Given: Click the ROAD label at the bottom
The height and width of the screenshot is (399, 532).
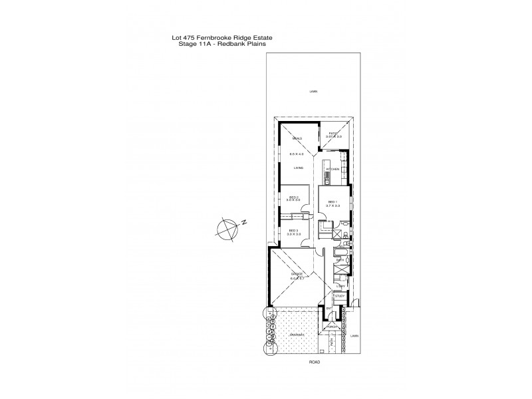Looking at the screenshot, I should tap(315, 361).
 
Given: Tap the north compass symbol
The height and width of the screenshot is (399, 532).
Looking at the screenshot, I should tap(228, 228).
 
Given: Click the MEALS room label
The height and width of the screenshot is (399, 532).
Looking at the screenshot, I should tap(297, 138).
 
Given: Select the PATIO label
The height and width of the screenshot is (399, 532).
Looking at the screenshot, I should tap(334, 134).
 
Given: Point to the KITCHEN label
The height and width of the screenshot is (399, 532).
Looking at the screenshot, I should tap(333, 170).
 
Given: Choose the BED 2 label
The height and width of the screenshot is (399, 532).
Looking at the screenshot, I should tap(294, 197).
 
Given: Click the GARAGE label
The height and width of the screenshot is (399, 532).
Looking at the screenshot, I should tap(297, 274).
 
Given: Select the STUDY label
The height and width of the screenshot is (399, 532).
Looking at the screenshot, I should tap(339, 296).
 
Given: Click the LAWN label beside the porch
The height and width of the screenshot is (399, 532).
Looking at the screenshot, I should tap(355, 336).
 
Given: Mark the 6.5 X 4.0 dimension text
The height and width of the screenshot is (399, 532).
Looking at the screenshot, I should tap(297, 154).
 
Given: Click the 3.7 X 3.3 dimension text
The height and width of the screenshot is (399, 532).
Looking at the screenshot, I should tap(332, 205).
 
